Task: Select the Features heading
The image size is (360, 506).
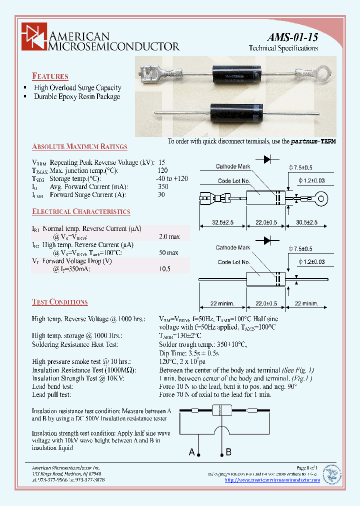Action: [50, 76]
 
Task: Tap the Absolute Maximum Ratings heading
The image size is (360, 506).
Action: [79, 147]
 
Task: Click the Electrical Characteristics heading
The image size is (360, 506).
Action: [81, 211]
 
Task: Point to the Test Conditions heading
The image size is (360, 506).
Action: [59, 302]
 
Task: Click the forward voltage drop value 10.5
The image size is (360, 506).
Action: [164, 268]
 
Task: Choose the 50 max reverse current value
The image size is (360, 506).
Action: [168, 252]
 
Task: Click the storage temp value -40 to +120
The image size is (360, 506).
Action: [173, 178]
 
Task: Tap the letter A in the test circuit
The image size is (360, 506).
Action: [191, 452]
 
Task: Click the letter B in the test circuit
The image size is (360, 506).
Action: [228, 452]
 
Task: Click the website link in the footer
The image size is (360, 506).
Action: [272, 480]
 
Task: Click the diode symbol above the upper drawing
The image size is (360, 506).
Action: [270, 158]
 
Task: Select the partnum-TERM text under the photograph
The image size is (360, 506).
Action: [313, 141]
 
